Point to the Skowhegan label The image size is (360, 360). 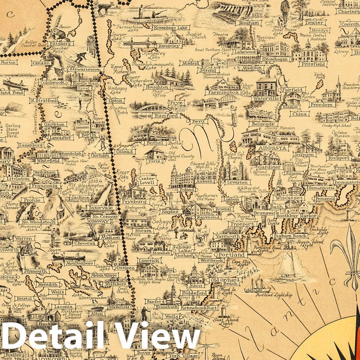pos(274,59)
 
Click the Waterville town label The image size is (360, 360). pos(266,99)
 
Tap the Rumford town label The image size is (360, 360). pos(166,115)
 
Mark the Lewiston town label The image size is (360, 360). pos(237,182)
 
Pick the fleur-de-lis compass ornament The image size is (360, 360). pos(347,253)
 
